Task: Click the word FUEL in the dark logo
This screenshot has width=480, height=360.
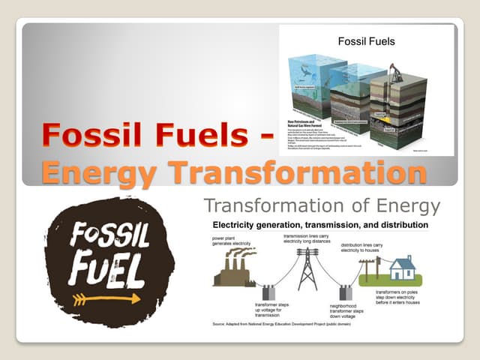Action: (x=105, y=266)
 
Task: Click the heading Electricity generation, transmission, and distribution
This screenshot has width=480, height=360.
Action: (x=320, y=225)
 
